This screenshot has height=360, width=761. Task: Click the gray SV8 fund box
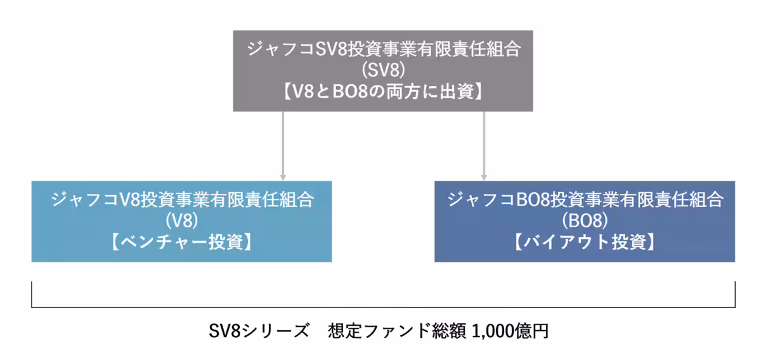tap(382, 70)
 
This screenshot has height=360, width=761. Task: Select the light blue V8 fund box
tap(181, 221)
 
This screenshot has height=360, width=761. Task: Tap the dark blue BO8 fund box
tap(584, 221)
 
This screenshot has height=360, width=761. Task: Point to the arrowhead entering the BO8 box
tap(484, 177)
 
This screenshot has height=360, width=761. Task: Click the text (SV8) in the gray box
tap(382, 70)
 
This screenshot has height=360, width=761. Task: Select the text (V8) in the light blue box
tap(181, 221)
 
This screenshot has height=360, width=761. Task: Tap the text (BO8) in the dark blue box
tap(585, 221)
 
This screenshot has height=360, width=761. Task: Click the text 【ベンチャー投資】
tap(181, 242)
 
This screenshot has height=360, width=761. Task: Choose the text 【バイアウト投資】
tap(585, 242)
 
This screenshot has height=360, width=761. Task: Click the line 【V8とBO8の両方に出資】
tap(382, 91)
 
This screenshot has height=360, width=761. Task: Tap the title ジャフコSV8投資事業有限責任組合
tap(382, 49)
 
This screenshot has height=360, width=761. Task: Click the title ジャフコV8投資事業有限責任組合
tap(181, 200)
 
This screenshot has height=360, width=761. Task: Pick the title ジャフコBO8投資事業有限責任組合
tap(585, 200)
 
